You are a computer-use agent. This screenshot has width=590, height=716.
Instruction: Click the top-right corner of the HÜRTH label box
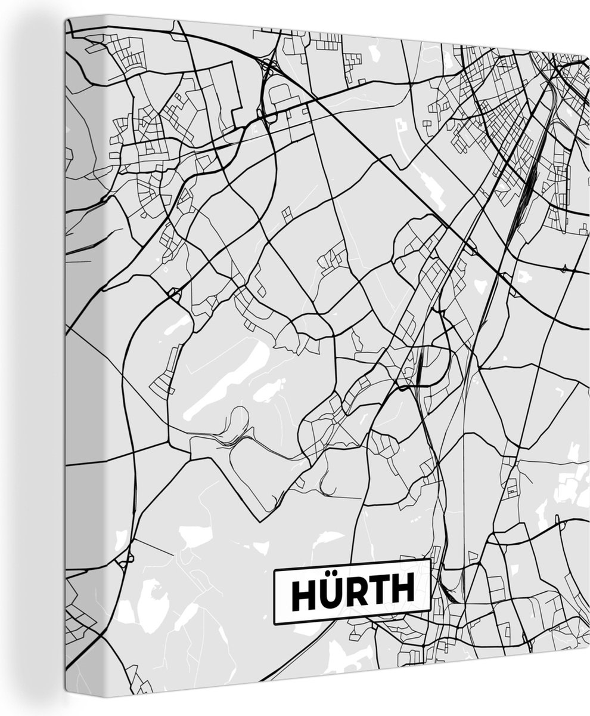click(x=430, y=560)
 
